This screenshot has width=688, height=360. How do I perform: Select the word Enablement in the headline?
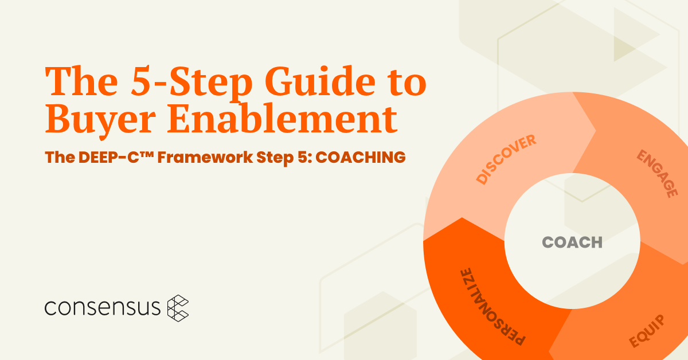[282, 119]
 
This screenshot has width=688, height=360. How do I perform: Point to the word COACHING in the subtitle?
[361, 157]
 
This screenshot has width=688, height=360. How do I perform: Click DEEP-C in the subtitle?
[108, 157]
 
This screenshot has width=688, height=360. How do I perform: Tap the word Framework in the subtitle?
[205, 157]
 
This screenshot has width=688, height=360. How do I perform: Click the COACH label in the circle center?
[572, 242]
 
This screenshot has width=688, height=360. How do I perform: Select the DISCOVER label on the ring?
[506, 159]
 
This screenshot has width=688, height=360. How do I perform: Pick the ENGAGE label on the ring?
[657, 174]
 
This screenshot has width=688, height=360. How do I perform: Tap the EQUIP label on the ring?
[647, 331]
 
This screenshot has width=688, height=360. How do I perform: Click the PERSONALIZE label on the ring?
[493, 307]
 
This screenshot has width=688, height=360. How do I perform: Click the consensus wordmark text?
[102, 307]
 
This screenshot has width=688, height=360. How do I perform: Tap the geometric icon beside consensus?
[178, 308]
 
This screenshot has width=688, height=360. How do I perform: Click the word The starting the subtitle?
[60, 157]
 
